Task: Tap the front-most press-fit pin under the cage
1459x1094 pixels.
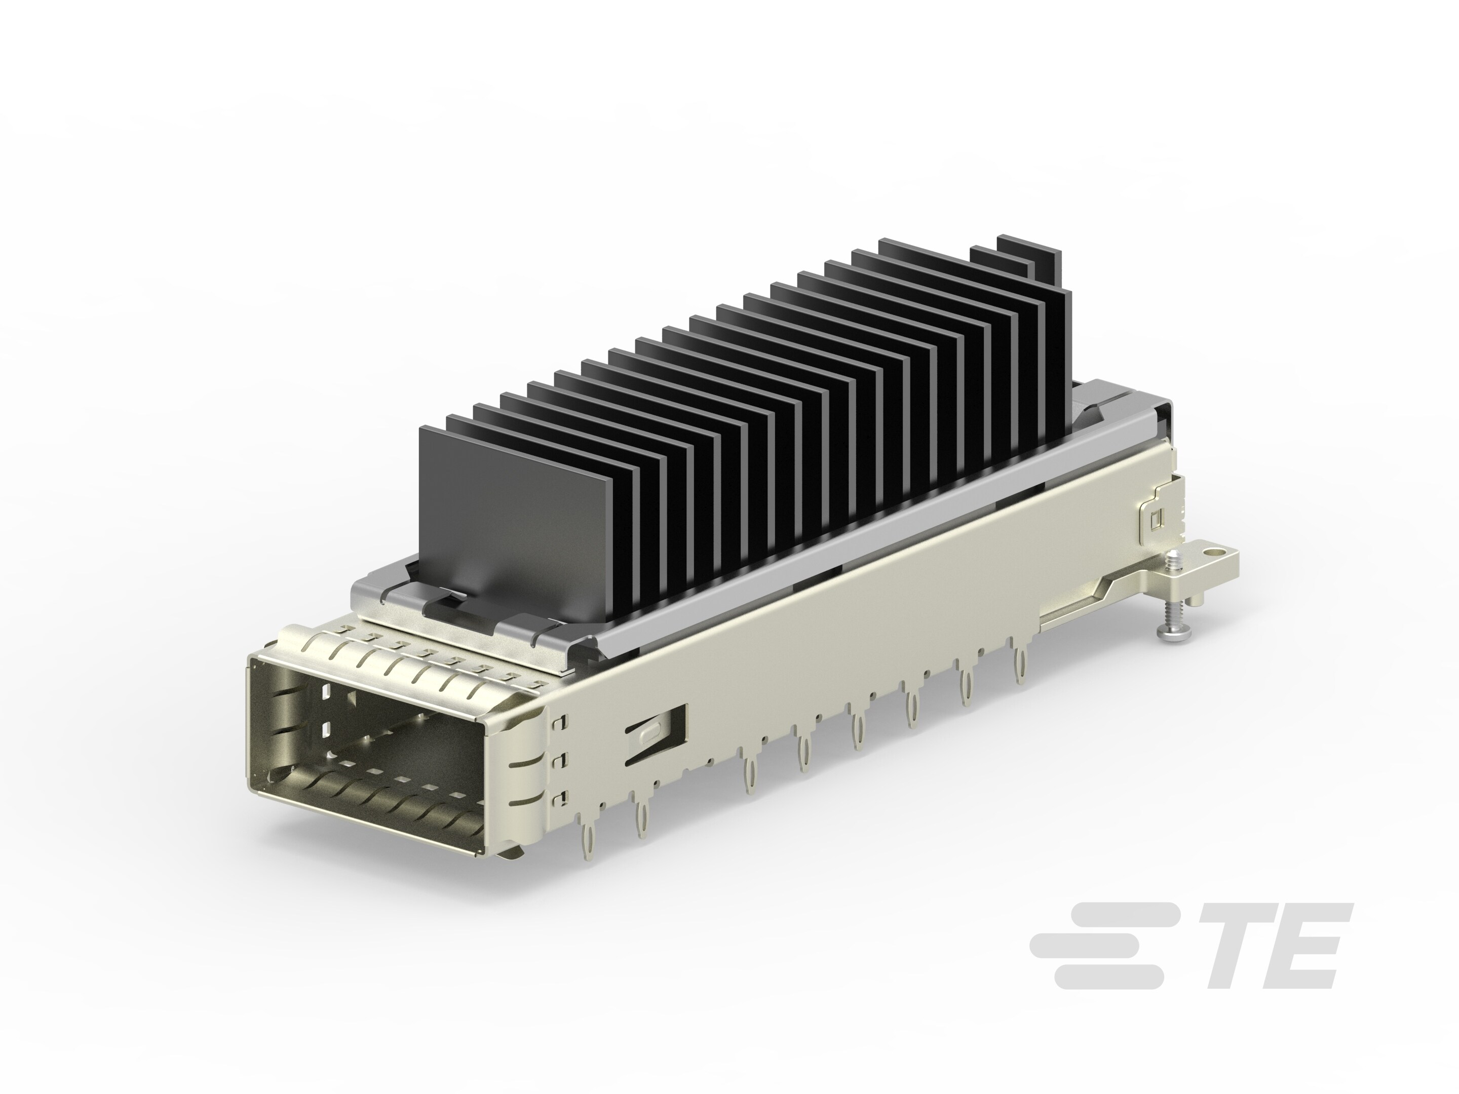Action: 585,836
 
